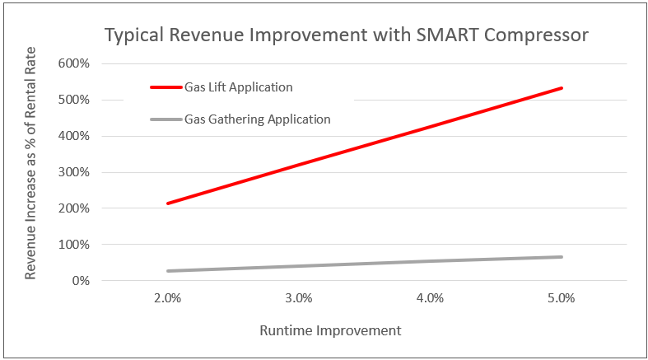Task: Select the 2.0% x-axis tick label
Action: click(167, 298)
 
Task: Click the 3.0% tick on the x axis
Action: click(298, 298)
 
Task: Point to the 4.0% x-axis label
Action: click(430, 298)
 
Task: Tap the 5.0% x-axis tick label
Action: click(561, 298)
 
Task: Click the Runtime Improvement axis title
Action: click(330, 330)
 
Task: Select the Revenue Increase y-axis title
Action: click(30, 173)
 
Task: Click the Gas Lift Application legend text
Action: click(238, 86)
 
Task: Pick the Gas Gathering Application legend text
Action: click(257, 119)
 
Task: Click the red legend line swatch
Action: click(165, 86)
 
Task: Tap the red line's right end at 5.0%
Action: click(562, 87)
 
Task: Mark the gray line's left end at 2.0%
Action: click(167, 271)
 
